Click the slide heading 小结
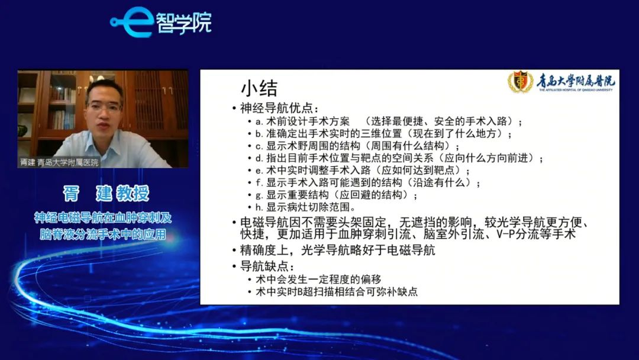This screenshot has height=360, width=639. (259, 88)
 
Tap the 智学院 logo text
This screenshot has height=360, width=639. (184, 23)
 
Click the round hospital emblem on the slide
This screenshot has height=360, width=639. (521, 82)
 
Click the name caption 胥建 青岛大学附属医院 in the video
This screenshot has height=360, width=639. (60, 162)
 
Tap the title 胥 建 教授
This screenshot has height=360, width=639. (106, 193)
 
